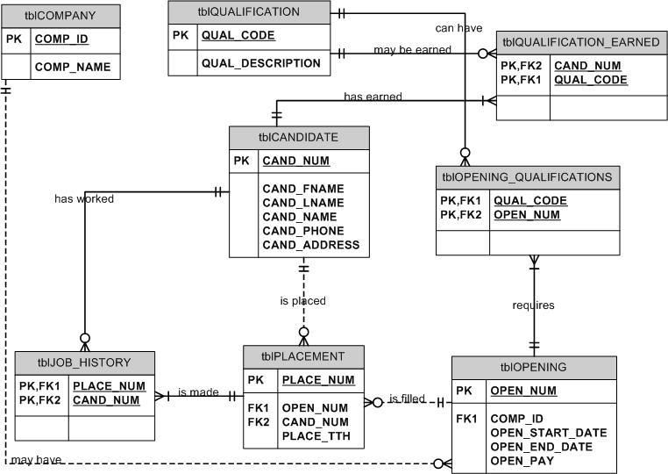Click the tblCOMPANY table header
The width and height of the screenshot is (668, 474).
pyautogui.click(x=60, y=16)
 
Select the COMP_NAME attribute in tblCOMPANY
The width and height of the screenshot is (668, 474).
pyautogui.click(x=73, y=67)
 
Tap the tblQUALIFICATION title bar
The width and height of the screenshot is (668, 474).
pyautogui.click(x=249, y=12)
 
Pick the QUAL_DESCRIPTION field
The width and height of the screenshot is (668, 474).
pyautogui.click(x=260, y=63)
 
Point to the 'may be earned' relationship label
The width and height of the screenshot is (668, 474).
pyautogui.click(x=412, y=50)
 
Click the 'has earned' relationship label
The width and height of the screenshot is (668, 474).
pyautogui.click(x=373, y=97)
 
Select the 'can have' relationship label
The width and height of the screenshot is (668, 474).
pyautogui.click(x=458, y=28)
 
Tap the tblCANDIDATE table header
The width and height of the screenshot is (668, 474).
pyautogui.click(x=298, y=137)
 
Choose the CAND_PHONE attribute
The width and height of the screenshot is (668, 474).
pyautogui.click(x=303, y=231)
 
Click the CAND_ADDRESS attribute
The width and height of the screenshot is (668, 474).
pyautogui.click(x=310, y=245)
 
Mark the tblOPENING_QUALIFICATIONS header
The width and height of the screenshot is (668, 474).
pyautogui.click(x=527, y=177)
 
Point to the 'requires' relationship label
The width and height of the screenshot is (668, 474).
pyautogui.click(x=533, y=305)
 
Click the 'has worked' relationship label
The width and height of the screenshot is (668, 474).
pyautogui.click(x=84, y=198)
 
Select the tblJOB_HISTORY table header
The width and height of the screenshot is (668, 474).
pyautogui.click(x=84, y=362)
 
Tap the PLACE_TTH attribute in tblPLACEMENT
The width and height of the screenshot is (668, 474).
pyautogui.click(x=312, y=435)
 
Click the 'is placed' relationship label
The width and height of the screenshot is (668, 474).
pyautogui.click(x=302, y=301)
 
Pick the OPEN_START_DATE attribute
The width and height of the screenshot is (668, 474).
pyautogui.click(x=548, y=433)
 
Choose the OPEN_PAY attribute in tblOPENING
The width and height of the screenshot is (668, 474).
pyautogui.click(x=522, y=461)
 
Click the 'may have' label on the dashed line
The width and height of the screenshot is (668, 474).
pyautogui.click(x=36, y=460)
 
